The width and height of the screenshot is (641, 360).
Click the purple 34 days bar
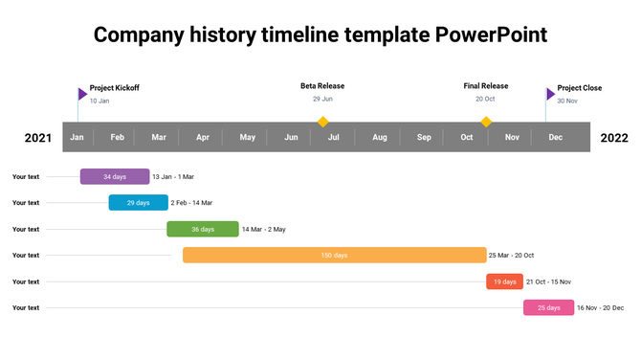point(115,176)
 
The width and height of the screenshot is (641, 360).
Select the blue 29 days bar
point(138,203)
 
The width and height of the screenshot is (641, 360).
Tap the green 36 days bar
point(202,229)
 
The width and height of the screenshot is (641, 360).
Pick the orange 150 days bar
point(334,256)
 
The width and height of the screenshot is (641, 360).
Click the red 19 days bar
point(504,281)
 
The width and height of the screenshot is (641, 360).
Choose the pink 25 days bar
point(548,307)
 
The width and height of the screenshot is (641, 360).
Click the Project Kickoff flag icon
point(82,94)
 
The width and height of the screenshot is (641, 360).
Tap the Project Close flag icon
point(550,94)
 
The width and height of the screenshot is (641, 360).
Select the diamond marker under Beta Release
point(323,122)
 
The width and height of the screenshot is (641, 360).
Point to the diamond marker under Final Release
point(486,122)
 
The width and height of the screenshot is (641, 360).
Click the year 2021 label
point(38,138)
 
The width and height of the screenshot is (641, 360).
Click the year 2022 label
point(614,138)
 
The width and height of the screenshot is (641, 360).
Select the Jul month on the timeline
point(334,138)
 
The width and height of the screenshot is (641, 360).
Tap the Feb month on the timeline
point(117,138)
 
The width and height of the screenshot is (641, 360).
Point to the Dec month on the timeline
point(555,138)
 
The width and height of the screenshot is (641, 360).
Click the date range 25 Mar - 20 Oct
point(511,256)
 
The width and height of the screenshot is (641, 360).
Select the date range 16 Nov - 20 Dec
point(600,307)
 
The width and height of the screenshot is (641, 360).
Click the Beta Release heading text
point(322,86)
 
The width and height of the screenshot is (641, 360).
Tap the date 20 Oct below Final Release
point(485,100)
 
